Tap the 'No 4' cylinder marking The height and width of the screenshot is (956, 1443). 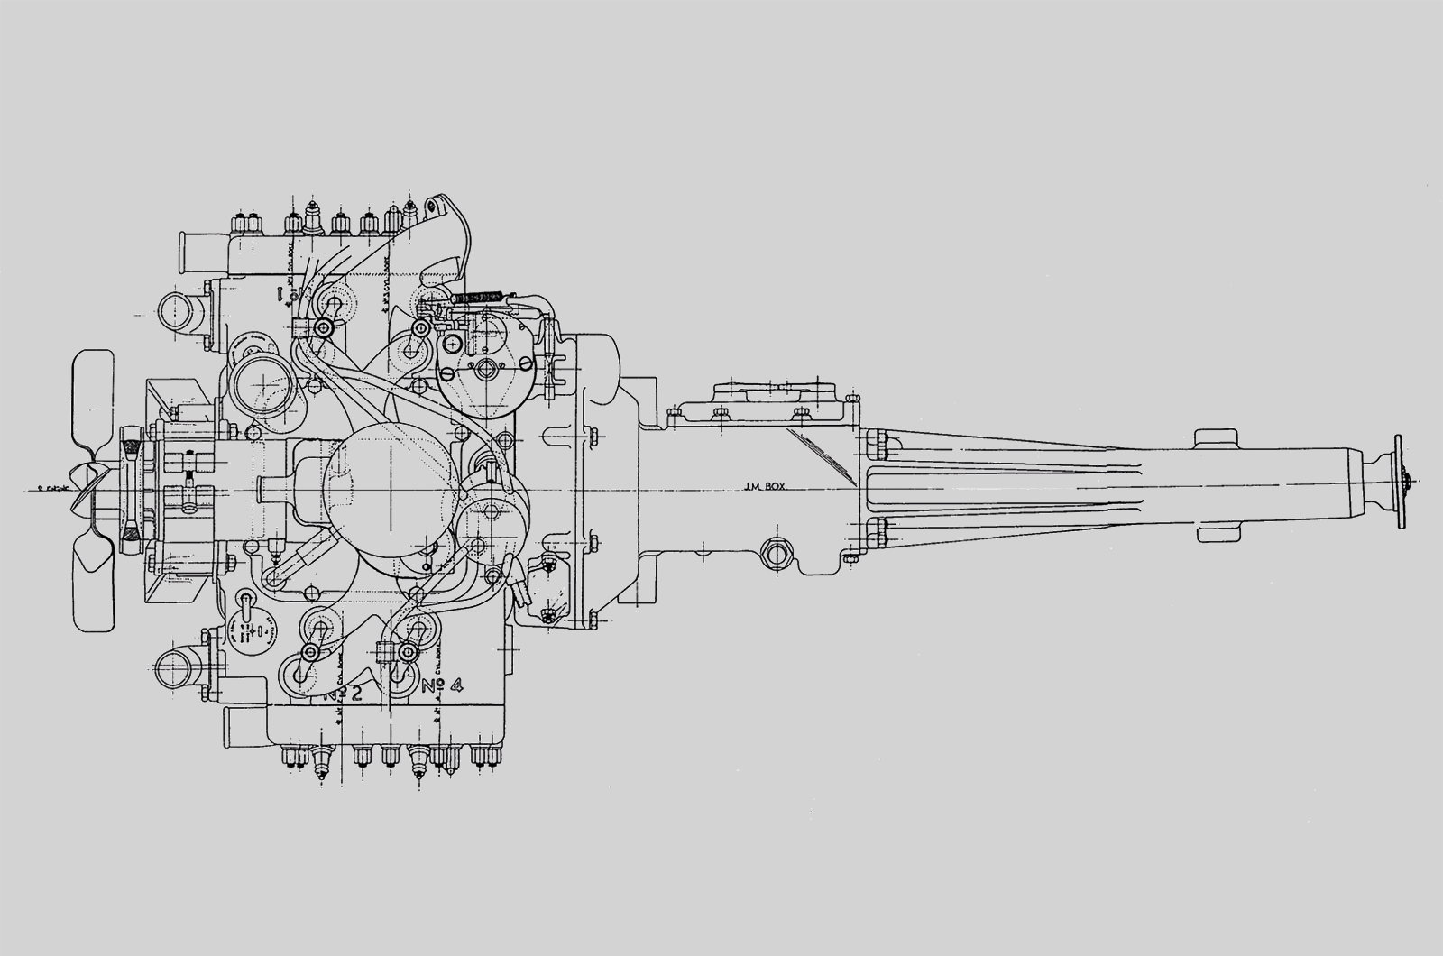443,686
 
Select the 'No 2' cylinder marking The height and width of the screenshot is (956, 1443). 345,693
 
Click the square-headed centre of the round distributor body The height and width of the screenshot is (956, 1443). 485,367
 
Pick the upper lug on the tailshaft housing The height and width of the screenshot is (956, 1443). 1218,440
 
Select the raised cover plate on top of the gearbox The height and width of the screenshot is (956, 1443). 776,393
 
